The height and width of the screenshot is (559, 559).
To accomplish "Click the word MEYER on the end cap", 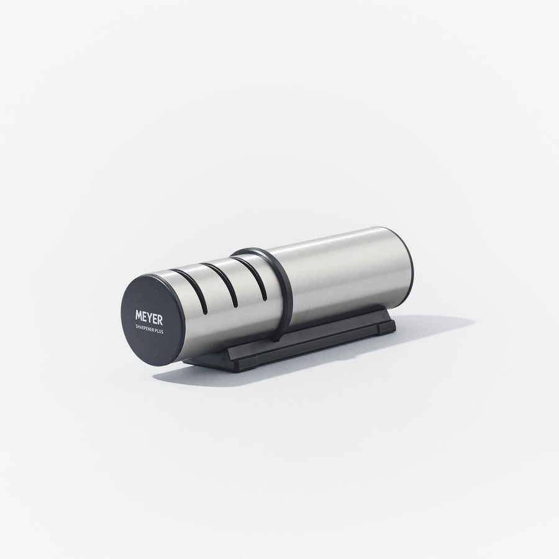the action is point(149,317).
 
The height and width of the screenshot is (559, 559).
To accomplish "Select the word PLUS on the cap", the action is point(159,331).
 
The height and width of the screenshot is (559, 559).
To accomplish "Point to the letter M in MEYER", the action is point(139,315).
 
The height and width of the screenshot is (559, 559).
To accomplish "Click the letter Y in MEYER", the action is point(153,319).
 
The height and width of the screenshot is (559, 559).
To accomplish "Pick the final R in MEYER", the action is point(160,320).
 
